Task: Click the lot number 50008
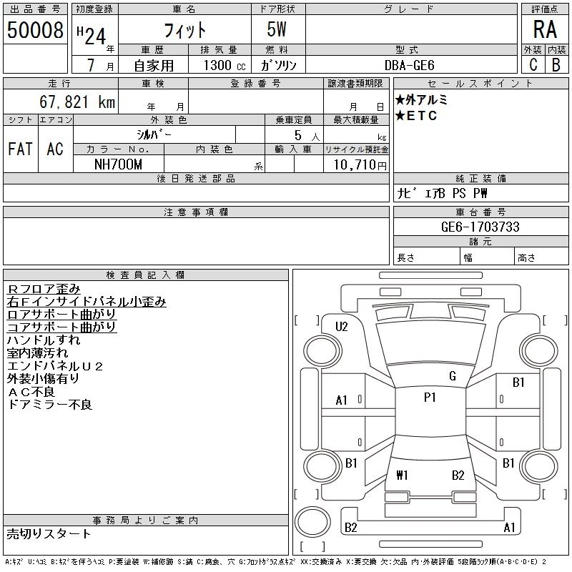coord(34,29)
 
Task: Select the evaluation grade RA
coord(545,29)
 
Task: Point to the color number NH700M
coord(118,164)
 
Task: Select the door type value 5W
coord(277,29)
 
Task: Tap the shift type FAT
coord(20,149)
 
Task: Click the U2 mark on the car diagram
coord(341,327)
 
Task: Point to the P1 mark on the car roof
coord(430,398)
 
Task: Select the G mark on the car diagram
coord(452,376)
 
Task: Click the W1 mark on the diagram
coord(402,475)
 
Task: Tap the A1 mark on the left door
coord(342,400)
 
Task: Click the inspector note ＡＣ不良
coord(31,392)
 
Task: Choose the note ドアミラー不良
coord(49,405)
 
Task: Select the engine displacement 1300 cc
coord(219,65)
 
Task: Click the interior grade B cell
coord(556,65)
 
